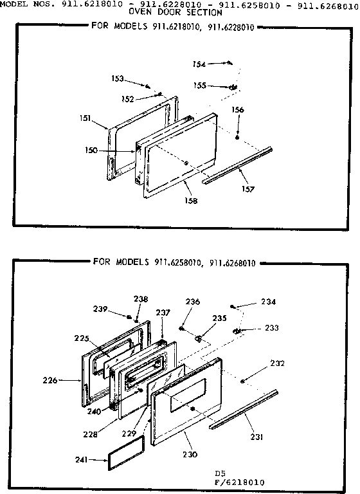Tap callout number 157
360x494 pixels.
pyautogui.click(x=248, y=189)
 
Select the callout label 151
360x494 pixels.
pyautogui.click(x=85, y=118)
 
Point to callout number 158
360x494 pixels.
pyautogui.click(x=192, y=201)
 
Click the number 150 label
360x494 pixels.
pyautogui.click(x=90, y=150)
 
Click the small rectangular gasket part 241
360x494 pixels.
pyautogui.click(x=125, y=461)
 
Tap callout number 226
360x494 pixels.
pyautogui.click(x=67, y=380)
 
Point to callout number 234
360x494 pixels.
pyautogui.click(x=268, y=302)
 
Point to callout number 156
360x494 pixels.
pyautogui.click(x=238, y=110)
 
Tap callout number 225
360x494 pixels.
pyautogui.click(x=82, y=338)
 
